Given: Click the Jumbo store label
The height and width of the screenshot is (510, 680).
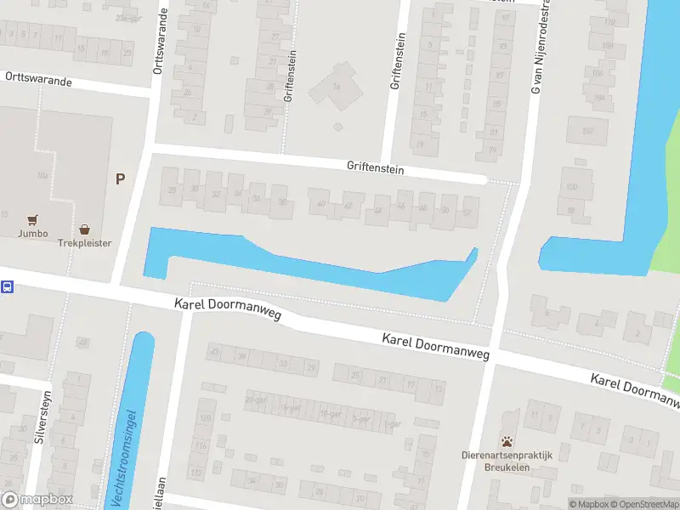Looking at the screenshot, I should (x=31, y=233).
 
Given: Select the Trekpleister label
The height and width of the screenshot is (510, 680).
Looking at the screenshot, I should (x=84, y=242).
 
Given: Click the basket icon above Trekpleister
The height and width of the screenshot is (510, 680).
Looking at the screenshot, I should (x=84, y=229).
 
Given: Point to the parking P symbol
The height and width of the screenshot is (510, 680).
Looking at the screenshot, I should (x=120, y=178).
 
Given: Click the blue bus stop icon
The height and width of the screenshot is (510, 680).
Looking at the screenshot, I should (x=7, y=287).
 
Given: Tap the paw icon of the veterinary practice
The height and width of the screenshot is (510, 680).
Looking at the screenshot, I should (x=507, y=441).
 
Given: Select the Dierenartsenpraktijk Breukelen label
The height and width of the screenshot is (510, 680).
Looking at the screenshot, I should (x=507, y=460).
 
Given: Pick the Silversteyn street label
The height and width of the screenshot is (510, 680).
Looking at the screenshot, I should (x=38, y=422).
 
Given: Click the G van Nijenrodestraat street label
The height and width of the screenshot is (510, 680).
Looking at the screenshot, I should (x=535, y=47).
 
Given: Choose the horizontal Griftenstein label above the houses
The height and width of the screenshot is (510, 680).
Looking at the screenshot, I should (x=375, y=169).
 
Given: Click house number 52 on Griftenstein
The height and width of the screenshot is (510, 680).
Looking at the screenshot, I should (x=467, y=212).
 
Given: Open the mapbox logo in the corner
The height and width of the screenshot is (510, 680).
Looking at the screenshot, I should (x=37, y=499).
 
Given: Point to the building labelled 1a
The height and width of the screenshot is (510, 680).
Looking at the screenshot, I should (x=337, y=86).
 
